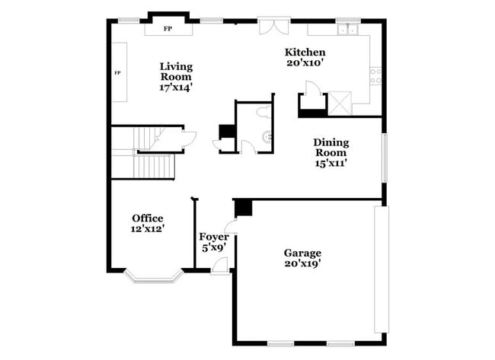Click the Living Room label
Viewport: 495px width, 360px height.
point(175,66)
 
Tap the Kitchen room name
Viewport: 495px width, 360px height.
point(305,52)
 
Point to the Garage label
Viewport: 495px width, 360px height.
point(302,253)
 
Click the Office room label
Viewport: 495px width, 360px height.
point(147,218)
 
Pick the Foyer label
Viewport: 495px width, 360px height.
point(213,237)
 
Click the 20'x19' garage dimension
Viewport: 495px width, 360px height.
point(302,263)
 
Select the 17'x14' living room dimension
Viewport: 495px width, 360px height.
point(175,87)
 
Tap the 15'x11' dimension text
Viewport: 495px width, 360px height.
point(331,163)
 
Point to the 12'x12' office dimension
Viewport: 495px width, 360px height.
point(147,228)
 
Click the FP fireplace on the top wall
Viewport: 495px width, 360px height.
point(168,30)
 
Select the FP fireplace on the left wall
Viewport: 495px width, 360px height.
point(119,72)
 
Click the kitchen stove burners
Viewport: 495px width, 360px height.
point(375,75)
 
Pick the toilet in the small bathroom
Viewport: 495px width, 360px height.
point(263,113)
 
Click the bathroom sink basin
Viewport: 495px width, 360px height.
point(266,138)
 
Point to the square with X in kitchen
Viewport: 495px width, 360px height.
point(339,101)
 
